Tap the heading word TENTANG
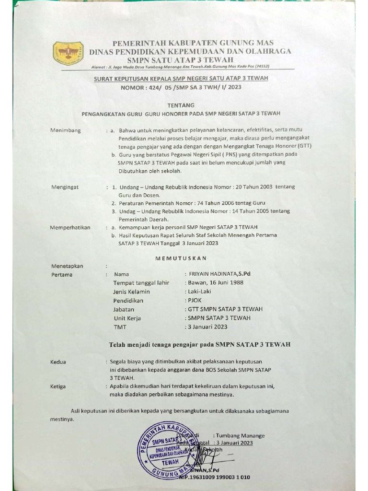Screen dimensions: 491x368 (181, 105)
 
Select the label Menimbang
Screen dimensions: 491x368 (66, 130)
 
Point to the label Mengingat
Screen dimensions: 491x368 (65, 187)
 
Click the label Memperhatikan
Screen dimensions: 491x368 (70, 227)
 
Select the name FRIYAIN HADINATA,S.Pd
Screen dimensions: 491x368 (220, 274)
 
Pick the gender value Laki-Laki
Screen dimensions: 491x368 (199, 291)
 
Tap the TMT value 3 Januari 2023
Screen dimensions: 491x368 (207, 327)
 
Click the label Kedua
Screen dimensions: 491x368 (58, 362)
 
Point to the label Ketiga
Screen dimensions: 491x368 (58, 386)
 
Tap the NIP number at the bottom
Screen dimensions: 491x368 (215, 477)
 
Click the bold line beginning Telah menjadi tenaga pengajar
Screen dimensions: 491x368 (200, 344)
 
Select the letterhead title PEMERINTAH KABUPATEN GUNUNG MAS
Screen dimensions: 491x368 (193, 43)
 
